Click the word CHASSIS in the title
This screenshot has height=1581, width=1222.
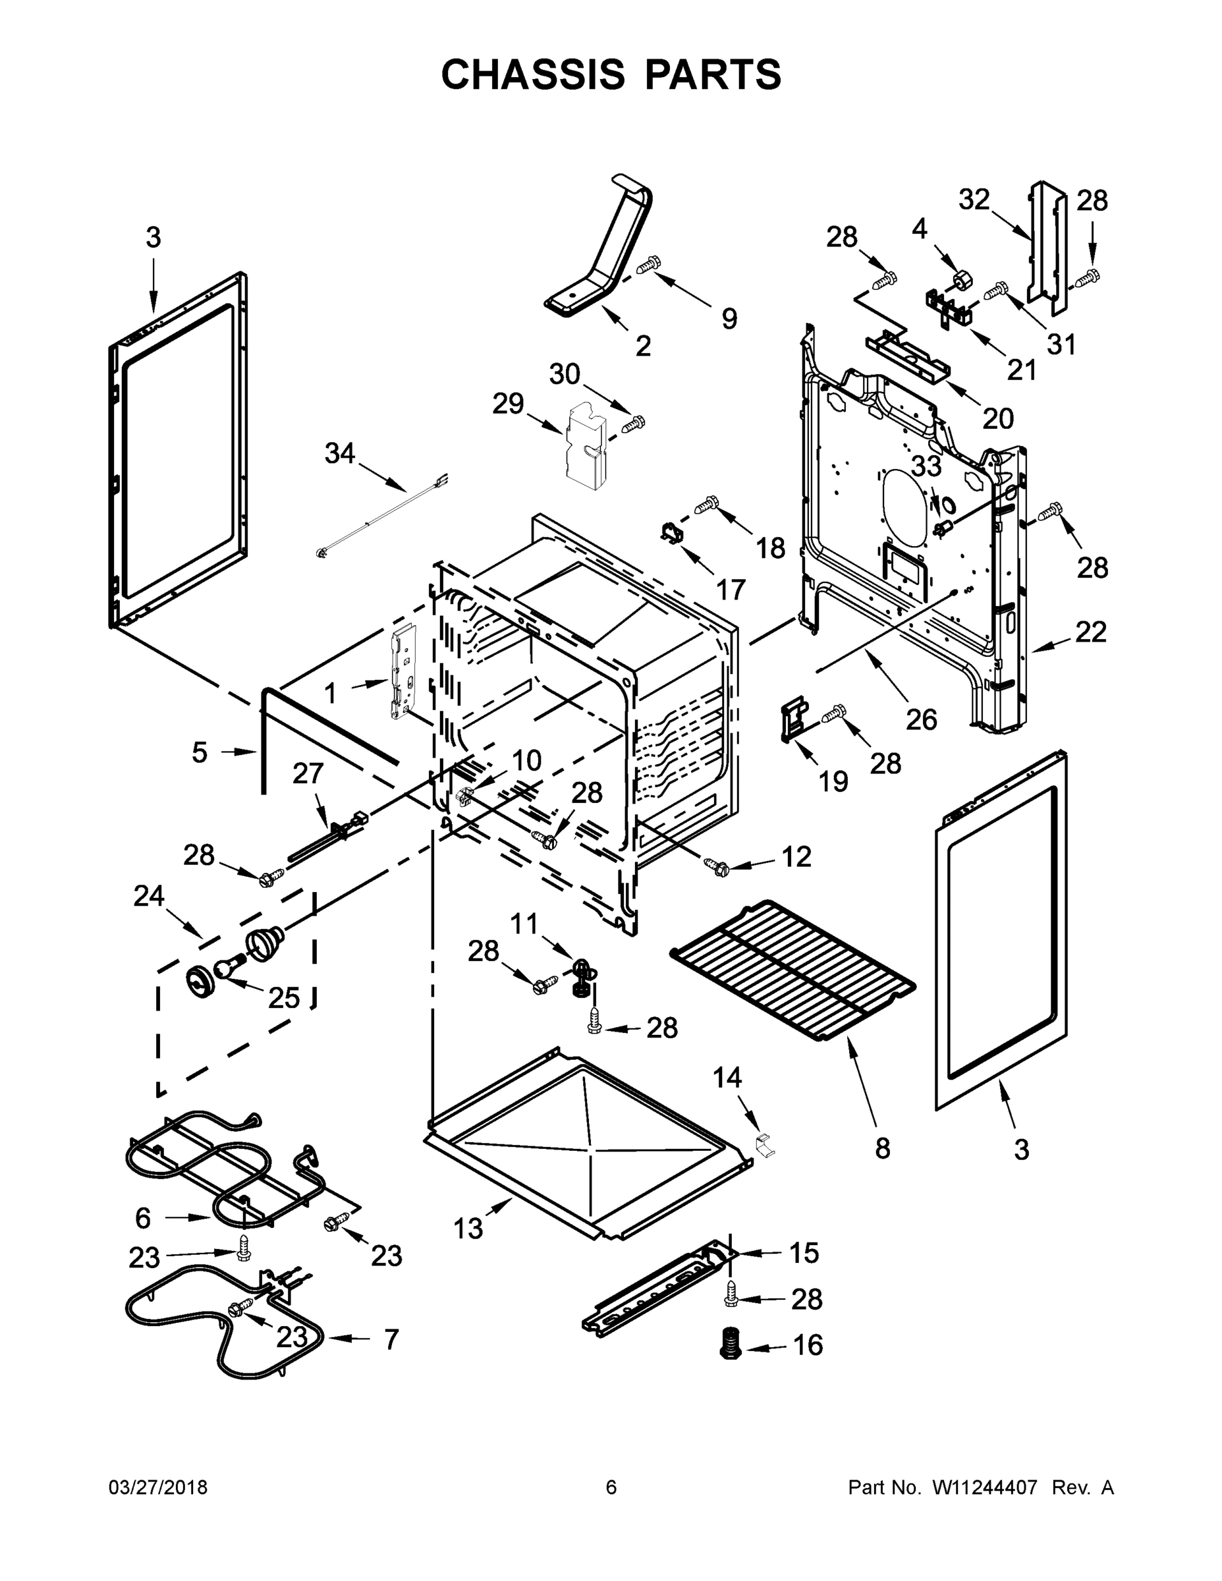532,74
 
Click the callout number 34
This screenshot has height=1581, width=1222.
339,453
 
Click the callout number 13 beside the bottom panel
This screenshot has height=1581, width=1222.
468,1228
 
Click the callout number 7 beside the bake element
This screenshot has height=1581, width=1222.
391,1339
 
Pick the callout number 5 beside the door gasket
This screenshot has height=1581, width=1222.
200,752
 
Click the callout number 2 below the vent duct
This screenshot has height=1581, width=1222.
643,345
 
